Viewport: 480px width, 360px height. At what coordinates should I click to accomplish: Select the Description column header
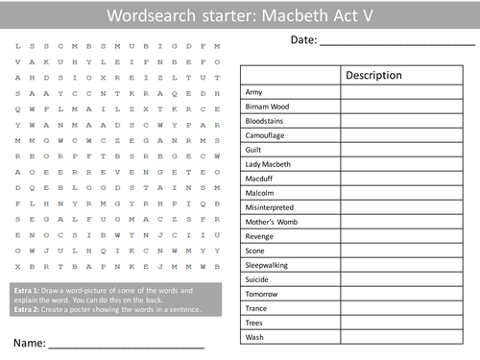point(373,75)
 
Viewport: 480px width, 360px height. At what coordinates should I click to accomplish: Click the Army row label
point(254,90)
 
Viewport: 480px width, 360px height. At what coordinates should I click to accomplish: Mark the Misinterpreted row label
point(270,207)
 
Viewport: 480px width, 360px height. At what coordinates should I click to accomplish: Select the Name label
point(28,341)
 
